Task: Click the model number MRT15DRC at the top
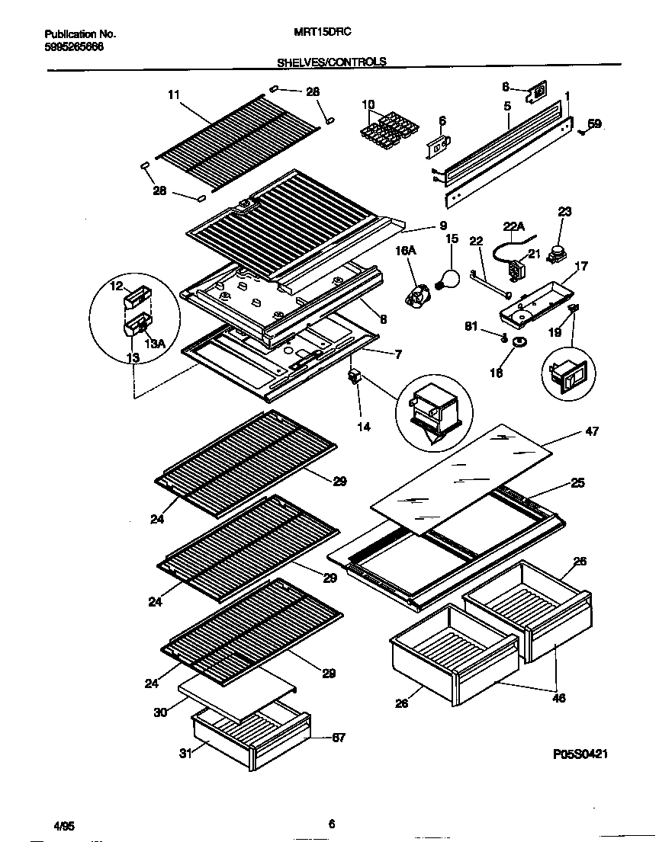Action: click(x=317, y=34)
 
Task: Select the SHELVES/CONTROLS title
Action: click(x=330, y=62)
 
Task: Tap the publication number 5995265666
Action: click(x=74, y=46)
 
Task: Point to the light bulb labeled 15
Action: click(x=448, y=278)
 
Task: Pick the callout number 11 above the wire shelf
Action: click(x=173, y=94)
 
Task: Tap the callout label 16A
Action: click(x=405, y=249)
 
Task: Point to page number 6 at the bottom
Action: click(x=331, y=824)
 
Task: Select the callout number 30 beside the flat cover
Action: click(x=159, y=712)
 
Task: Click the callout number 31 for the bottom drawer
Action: click(x=184, y=754)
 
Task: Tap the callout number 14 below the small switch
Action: click(x=364, y=427)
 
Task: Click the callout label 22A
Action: click(x=515, y=226)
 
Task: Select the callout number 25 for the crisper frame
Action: click(x=577, y=483)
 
